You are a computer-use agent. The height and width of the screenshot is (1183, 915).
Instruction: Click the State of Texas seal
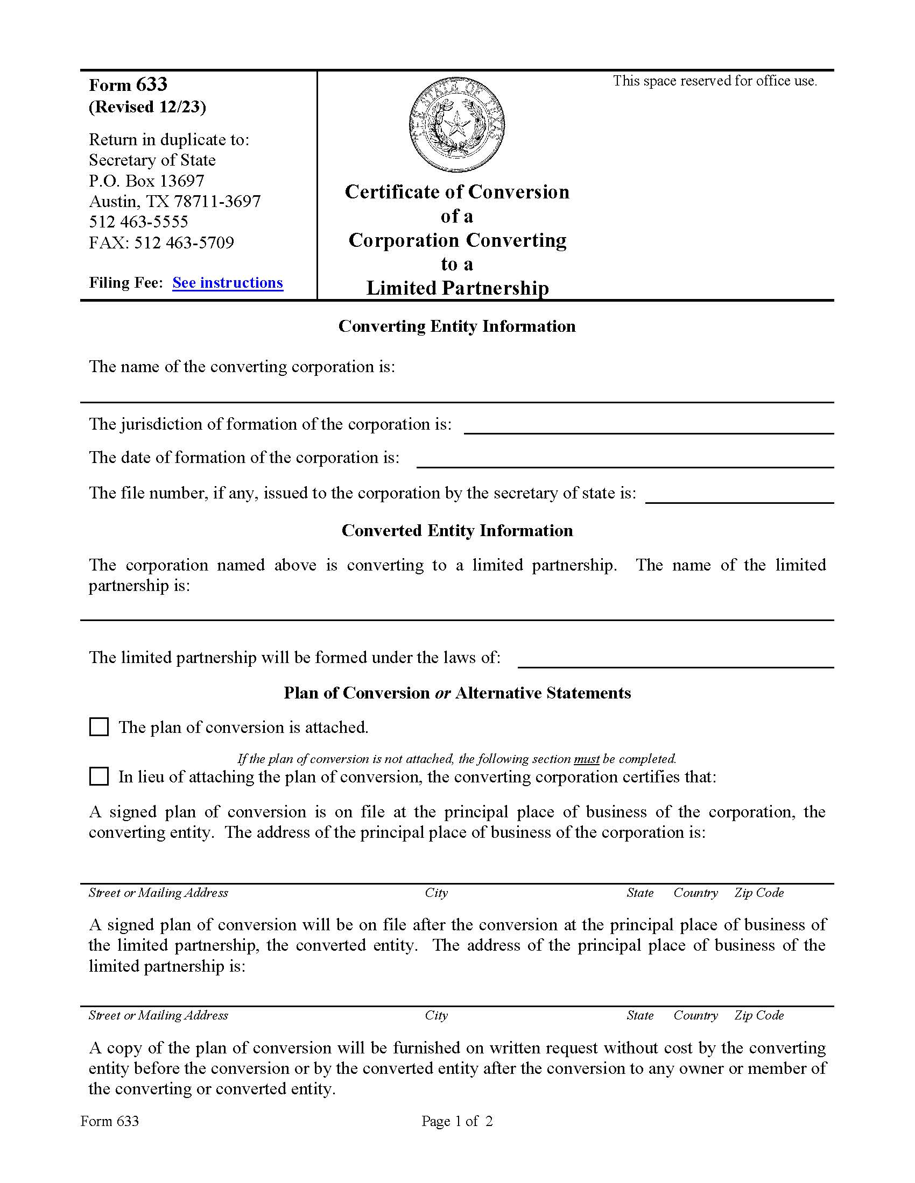[456, 125]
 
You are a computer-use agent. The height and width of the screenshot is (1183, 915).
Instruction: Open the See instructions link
[228, 283]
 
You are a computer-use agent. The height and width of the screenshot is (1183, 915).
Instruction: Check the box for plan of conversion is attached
[98, 727]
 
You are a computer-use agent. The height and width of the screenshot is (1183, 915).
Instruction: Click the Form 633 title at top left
[128, 85]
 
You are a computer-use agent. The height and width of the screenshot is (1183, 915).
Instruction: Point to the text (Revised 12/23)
[147, 106]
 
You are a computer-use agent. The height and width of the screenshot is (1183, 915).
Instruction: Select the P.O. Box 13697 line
[146, 180]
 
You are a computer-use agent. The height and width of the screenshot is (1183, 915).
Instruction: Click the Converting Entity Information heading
[457, 326]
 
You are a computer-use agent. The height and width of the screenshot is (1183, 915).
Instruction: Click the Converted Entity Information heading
[457, 530]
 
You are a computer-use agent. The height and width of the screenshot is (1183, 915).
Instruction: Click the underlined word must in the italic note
[587, 759]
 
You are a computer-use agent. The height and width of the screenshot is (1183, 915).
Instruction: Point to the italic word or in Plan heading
[443, 693]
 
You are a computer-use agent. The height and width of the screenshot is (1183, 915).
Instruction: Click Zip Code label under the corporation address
[759, 893]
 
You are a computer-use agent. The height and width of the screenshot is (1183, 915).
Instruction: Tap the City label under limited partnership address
[437, 1015]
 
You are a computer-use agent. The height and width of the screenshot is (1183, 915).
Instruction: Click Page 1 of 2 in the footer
[457, 1121]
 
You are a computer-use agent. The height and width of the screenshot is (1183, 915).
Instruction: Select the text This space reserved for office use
[714, 81]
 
